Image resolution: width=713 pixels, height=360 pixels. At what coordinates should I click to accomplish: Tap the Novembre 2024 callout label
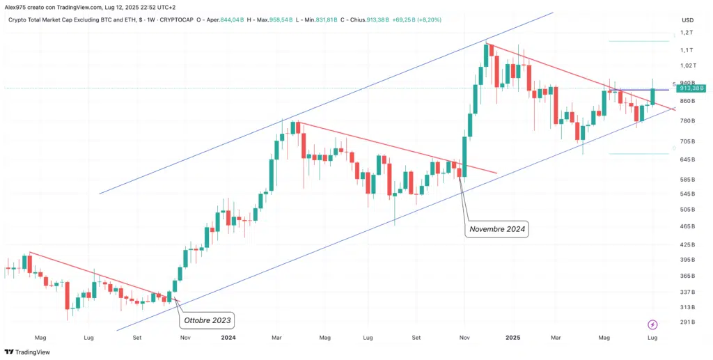tap(498, 228)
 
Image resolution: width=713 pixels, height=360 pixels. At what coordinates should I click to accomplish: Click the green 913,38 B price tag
tap(692, 88)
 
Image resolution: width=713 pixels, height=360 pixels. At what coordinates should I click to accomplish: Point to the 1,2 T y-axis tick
tap(687, 33)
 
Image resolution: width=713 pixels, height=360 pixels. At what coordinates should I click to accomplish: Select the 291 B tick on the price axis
tap(687, 322)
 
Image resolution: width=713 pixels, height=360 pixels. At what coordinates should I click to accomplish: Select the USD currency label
tap(687, 19)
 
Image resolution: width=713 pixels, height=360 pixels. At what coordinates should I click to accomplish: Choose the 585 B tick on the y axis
tap(687, 179)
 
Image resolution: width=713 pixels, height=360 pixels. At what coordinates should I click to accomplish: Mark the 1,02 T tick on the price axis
tap(687, 66)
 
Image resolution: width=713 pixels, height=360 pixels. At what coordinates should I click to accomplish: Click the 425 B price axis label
tap(687, 245)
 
